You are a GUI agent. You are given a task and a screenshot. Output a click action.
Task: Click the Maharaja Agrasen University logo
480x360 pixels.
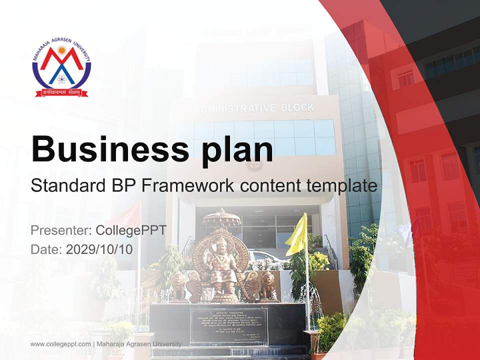[x=61, y=67]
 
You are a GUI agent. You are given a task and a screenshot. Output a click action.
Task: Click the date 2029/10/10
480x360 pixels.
[x=99, y=249]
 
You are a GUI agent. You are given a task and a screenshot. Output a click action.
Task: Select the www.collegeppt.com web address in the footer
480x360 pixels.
[x=60, y=344]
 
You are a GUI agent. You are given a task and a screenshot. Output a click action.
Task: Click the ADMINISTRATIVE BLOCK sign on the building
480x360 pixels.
[x=254, y=108]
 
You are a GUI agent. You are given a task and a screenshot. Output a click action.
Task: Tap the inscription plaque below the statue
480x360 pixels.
[x=228, y=325]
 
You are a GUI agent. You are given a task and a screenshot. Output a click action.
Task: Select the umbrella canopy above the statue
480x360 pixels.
[x=221, y=217]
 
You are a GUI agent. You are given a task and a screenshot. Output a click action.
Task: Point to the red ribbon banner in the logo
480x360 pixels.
[x=61, y=92]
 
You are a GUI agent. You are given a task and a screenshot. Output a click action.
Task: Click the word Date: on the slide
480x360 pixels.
[x=46, y=249]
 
